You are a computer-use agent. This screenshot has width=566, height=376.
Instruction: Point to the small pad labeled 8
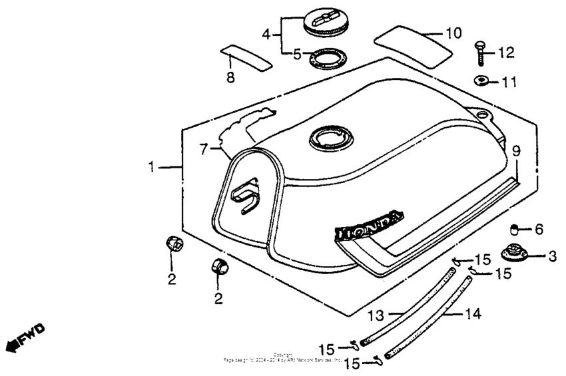(x=246, y=57)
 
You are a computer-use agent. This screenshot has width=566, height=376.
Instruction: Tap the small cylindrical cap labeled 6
(x=514, y=230)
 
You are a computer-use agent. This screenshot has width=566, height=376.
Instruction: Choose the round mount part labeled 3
(x=515, y=254)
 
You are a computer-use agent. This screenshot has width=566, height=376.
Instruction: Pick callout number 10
(x=453, y=33)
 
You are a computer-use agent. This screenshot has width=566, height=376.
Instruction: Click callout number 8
(x=231, y=78)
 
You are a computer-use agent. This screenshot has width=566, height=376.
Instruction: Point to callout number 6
(x=539, y=230)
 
